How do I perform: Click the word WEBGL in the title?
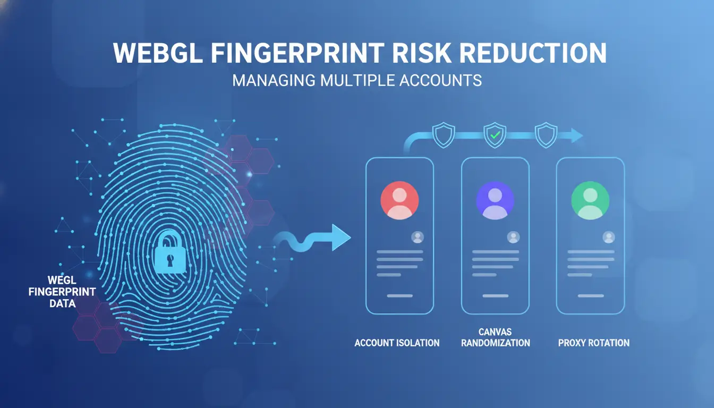click(x=158, y=53)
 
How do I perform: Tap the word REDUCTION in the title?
click(x=533, y=53)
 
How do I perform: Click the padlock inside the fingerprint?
click(x=169, y=252)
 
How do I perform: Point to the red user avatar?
click(x=399, y=200)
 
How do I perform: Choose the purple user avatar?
click(x=495, y=200)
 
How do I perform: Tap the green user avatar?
click(x=590, y=200)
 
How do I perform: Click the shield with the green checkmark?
click(x=495, y=135)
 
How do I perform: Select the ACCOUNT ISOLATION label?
click(x=397, y=343)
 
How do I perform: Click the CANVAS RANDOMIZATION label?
click(x=495, y=337)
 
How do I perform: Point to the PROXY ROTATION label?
click(x=594, y=343)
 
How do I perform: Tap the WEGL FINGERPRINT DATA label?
click(x=62, y=292)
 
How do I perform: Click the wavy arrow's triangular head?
click(x=341, y=237)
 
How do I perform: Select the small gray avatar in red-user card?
click(x=418, y=237)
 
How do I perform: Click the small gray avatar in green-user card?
click(x=608, y=237)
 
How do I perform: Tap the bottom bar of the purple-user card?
click(x=495, y=296)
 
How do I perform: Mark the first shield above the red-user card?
click(x=444, y=135)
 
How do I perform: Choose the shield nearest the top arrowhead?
click(x=546, y=135)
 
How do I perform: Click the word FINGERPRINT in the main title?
click(x=297, y=53)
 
